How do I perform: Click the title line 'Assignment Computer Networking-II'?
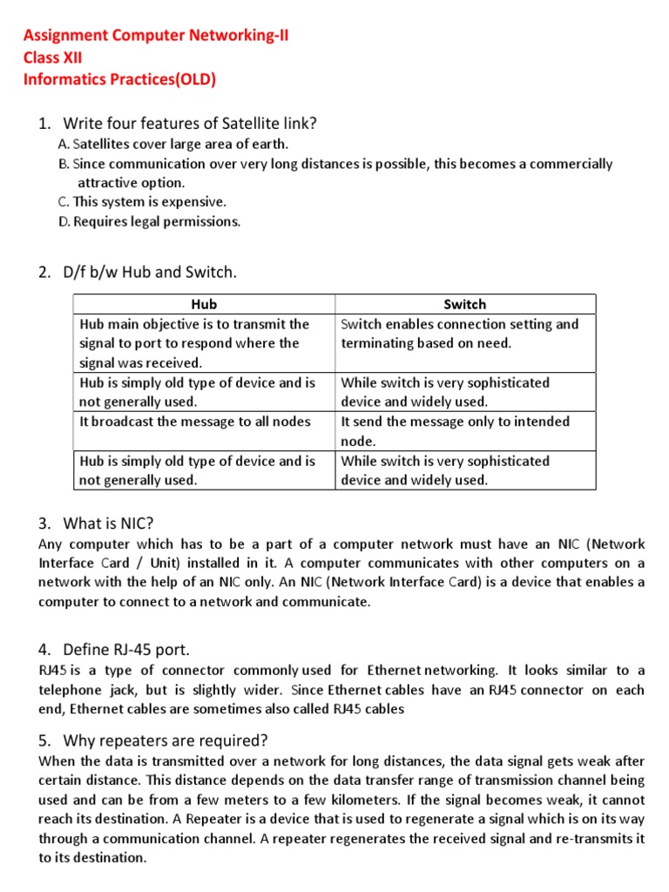(x=143, y=36)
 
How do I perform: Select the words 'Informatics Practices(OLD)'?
(x=119, y=80)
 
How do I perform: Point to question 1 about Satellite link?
(x=189, y=123)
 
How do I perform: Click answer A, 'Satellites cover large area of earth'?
(x=172, y=144)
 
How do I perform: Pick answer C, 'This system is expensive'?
(x=142, y=201)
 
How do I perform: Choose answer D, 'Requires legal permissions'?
(x=149, y=221)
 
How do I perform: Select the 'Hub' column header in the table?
(x=203, y=304)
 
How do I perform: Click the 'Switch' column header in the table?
(x=464, y=304)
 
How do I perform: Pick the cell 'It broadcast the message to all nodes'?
(x=195, y=422)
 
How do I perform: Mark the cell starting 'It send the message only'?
(x=455, y=430)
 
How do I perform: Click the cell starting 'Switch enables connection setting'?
(x=459, y=334)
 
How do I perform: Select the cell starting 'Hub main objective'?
(x=194, y=343)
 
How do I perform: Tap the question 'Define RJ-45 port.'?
(x=125, y=649)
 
